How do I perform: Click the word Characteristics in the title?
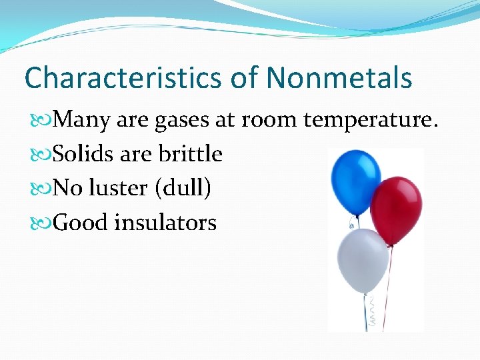[124, 78]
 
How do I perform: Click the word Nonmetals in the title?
[339, 78]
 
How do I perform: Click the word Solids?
[83, 154]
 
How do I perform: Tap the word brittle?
[190, 154]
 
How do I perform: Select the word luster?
[117, 189]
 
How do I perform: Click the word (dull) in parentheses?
[183, 189]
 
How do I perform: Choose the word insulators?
[165, 223]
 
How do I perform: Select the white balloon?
[362, 260]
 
